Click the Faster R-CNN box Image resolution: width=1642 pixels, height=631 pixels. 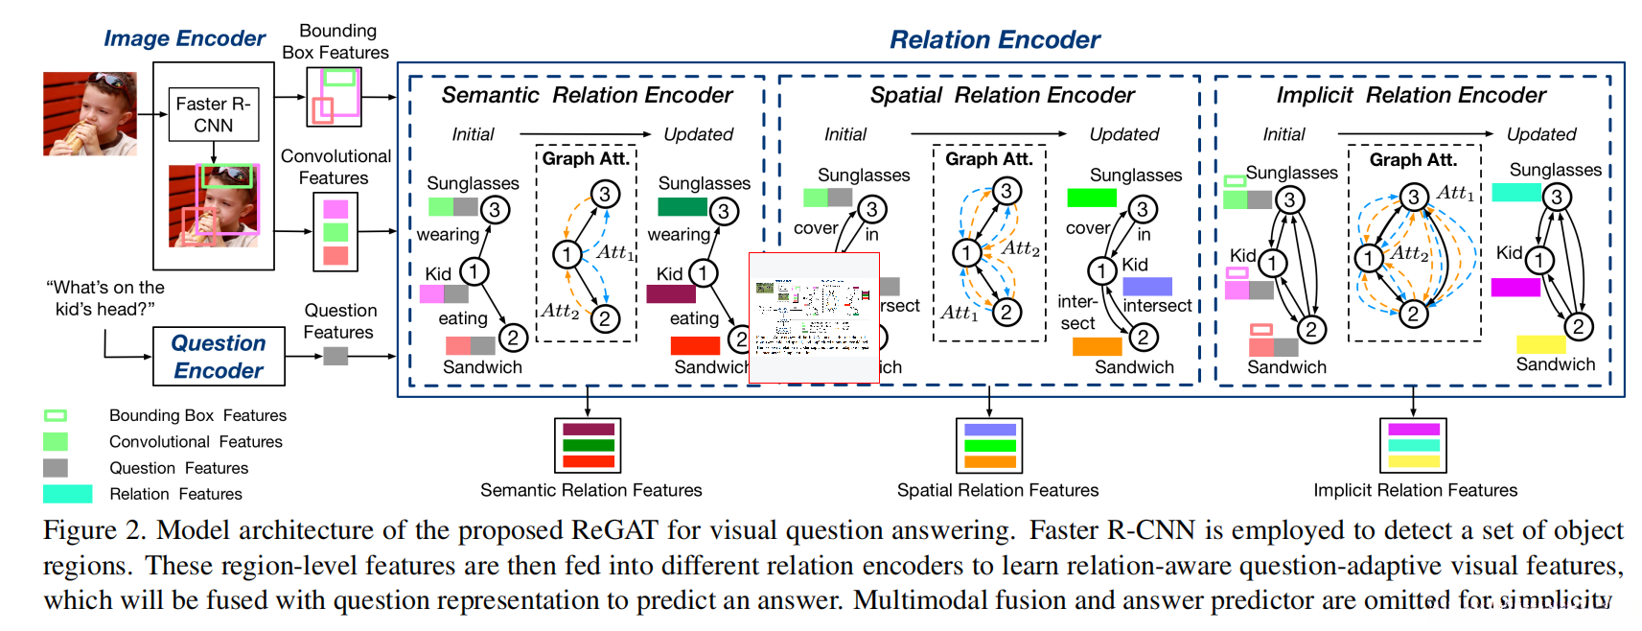[x=213, y=115]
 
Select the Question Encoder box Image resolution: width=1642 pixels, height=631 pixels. [x=219, y=357]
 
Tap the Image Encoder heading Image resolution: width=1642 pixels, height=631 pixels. [x=184, y=38]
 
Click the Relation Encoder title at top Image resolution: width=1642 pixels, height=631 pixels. [x=994, y=40]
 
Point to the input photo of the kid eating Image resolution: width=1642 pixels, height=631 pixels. [x=89, y=113]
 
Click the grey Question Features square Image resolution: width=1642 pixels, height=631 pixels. [x=335, y=356]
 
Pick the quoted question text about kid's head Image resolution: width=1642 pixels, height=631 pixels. [x=105, y=298]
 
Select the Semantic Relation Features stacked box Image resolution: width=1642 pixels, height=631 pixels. [x=588, y=445]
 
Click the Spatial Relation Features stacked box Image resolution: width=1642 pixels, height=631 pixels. [x=989, y=445]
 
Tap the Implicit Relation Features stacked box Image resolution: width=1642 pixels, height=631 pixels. [x=1413, y=445]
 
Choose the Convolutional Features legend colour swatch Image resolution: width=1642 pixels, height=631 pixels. [x=56, y=441]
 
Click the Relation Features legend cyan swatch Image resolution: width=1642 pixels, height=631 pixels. [x=67, y=494]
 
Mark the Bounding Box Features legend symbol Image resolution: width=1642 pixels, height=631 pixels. [x=56, y=415]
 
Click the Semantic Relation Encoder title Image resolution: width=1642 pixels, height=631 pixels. [x=587, y=95]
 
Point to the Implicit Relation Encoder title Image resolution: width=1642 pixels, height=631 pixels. [x=1411, y=95]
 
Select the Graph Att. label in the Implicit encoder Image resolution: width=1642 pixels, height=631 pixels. [x=1413, y=159]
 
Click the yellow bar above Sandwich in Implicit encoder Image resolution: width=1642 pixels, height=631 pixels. [x=1540, y=344]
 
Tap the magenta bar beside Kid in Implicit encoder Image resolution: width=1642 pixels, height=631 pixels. [x=1515, y=287]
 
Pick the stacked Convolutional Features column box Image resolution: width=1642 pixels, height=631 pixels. [x=335, y=232]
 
